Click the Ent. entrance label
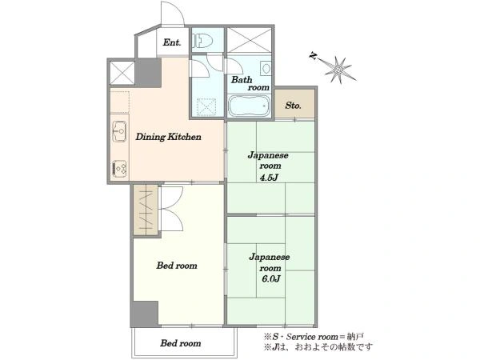point(172,42)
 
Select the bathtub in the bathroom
point(249,106)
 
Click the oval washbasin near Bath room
point(266,68)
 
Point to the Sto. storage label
point(293,106)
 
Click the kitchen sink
point(119,131)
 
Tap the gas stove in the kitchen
point(119,169)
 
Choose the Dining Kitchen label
point(168,137)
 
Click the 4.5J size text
point(269,178)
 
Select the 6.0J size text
point(270,279)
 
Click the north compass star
point(338,70)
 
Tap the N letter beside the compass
point(313,56)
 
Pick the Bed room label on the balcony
point(181,343)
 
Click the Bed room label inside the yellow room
point(177,266)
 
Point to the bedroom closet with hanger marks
point(146,210)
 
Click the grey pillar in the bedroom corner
point(145,314)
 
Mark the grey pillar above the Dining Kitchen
point(148,73)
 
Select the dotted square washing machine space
point(206,107)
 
